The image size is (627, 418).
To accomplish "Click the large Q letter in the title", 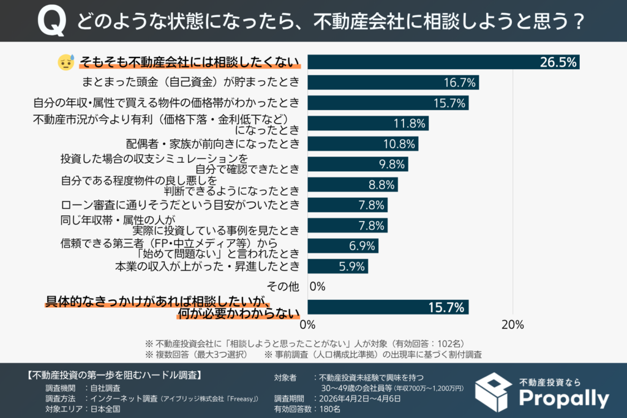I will (51, 23).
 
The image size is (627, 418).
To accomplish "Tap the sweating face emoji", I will (66, 62).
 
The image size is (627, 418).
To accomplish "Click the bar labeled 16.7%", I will (392, 83).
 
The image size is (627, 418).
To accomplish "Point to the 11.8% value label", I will (409, 123).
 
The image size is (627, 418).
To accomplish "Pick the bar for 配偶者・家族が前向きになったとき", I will (362, 144).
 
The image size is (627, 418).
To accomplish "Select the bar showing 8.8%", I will (352, 185).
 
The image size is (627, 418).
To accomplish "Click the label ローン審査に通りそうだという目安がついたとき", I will (181, 205).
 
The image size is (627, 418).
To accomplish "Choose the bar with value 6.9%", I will (342, 246).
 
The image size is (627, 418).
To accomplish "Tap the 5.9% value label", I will (351, 266).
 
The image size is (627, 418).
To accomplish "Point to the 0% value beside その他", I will (317, 286).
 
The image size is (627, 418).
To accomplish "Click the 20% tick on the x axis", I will (512, 324).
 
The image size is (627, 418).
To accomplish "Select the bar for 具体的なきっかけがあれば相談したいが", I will (388, 307).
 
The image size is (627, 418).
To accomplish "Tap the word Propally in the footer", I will (563, 399).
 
